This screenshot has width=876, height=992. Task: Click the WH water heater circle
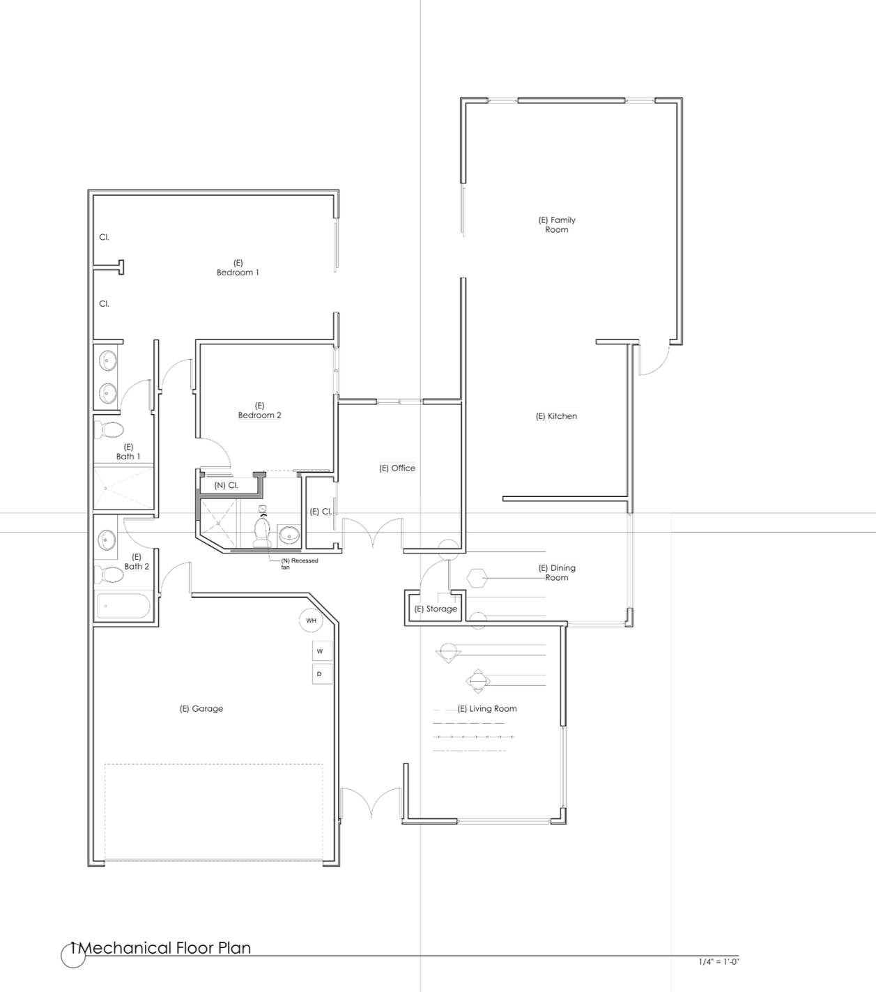[x=311, y=620]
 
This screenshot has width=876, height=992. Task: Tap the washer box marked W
[x=322, y=651]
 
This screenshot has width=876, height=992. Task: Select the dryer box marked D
[x=322, y=673]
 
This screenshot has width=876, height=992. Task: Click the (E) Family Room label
[x=557, y=224]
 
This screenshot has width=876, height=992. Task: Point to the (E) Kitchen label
[x=556, y=416]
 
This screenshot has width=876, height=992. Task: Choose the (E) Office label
[x=397, y=468]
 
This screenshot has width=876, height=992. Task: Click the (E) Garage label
[x=201, y=708]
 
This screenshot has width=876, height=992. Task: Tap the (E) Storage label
[x=436, y=609]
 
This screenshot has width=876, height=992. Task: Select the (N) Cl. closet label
[x=226, y=485]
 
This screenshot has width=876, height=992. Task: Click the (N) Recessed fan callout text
[x=299, y=563]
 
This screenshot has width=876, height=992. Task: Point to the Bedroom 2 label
[x=259, y=415]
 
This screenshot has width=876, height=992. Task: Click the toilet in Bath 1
[x=109, y=430]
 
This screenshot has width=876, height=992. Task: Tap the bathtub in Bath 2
[x=123, y=606]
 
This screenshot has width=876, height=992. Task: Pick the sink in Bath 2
[x=107, y=540]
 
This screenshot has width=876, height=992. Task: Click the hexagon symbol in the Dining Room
[x=477, y=578]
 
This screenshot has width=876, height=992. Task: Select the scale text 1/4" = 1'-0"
[x=719, y=961]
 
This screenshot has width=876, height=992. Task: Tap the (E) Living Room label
[x=486, y=708]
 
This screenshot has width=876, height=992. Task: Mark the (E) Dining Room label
[x=557, y=572]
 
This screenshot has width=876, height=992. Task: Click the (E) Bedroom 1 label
[x=238, y=268]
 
